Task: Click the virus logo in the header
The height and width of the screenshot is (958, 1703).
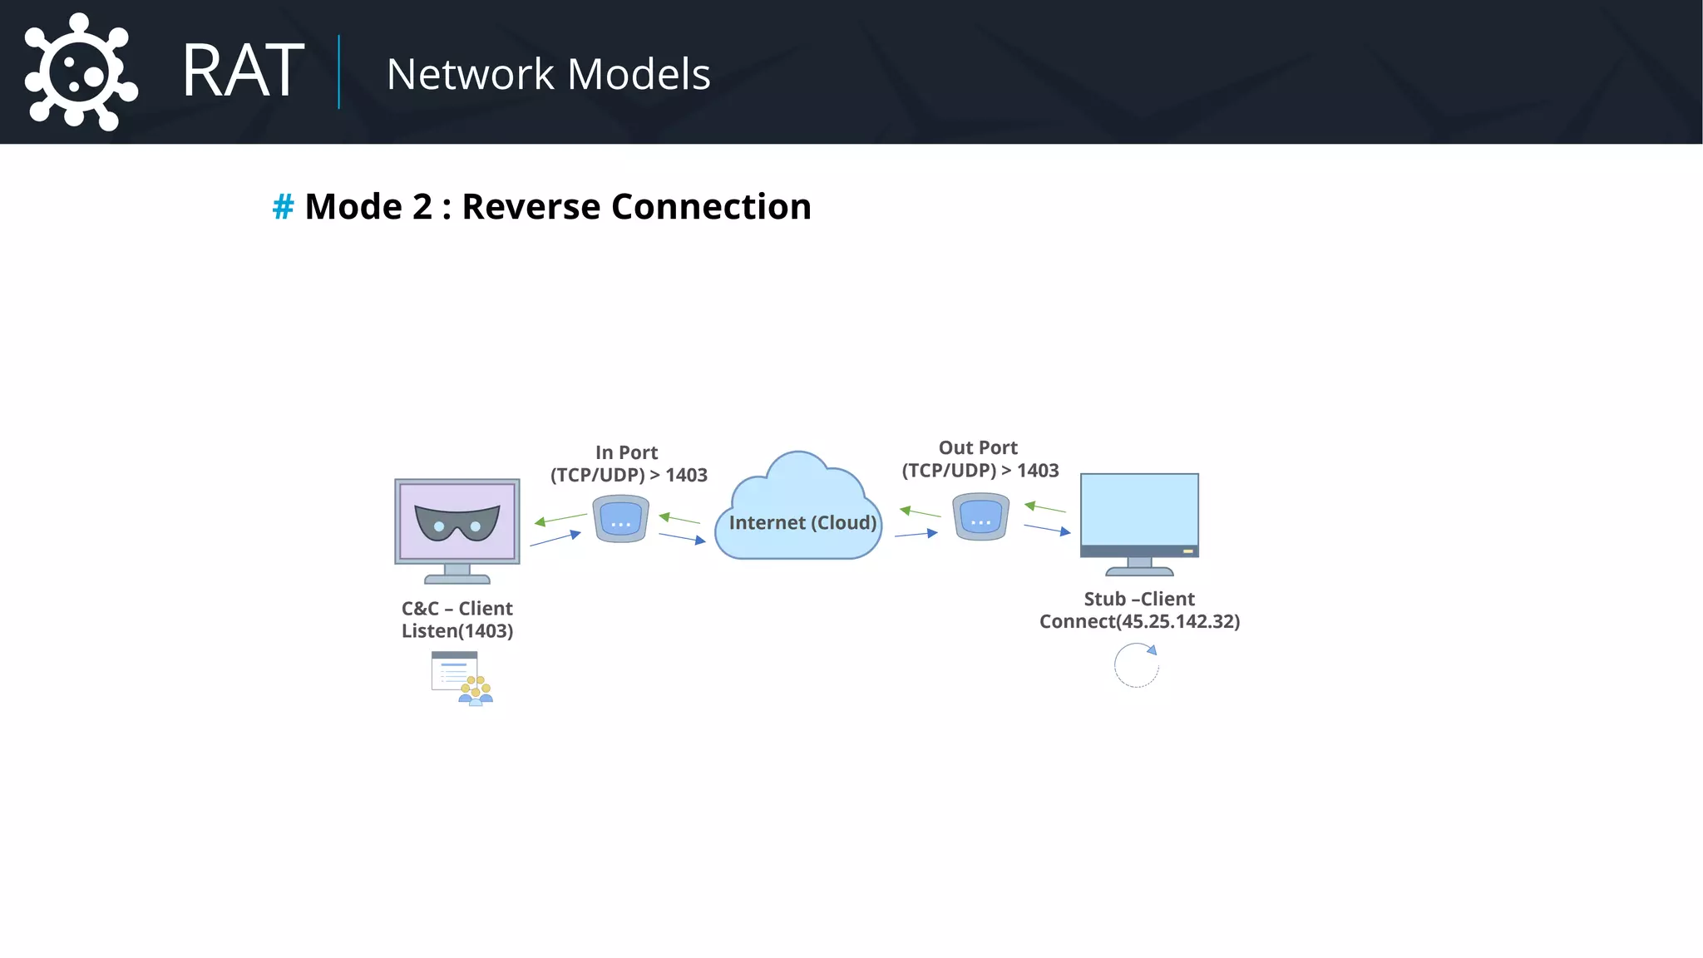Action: (80, 73)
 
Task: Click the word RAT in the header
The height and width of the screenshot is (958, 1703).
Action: (243, 72)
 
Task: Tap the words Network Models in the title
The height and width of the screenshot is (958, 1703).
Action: (548, 74)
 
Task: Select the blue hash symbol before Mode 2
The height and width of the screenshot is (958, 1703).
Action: (283, 207)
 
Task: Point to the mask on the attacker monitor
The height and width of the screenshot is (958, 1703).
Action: (457, 523)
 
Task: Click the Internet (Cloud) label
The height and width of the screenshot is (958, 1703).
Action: (802, 522)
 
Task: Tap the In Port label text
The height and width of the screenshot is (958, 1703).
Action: (626, 452)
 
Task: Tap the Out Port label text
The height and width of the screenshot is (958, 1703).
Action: (978, 447)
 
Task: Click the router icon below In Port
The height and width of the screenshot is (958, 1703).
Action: (620, 519)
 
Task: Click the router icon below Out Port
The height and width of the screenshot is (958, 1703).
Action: (981, 516)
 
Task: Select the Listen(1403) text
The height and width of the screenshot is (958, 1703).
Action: (457, 631)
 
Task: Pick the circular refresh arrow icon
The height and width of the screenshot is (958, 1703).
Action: (1136, 665)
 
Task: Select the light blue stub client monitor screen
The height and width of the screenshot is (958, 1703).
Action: (1139, 509)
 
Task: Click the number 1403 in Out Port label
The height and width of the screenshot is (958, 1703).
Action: (1038, 471)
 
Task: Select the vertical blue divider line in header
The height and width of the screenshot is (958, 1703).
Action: (339, 72)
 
